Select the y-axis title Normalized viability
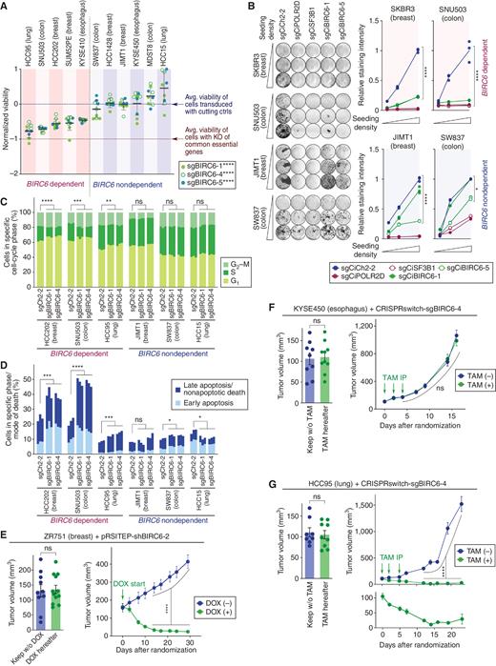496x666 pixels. (x=8, y=114)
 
